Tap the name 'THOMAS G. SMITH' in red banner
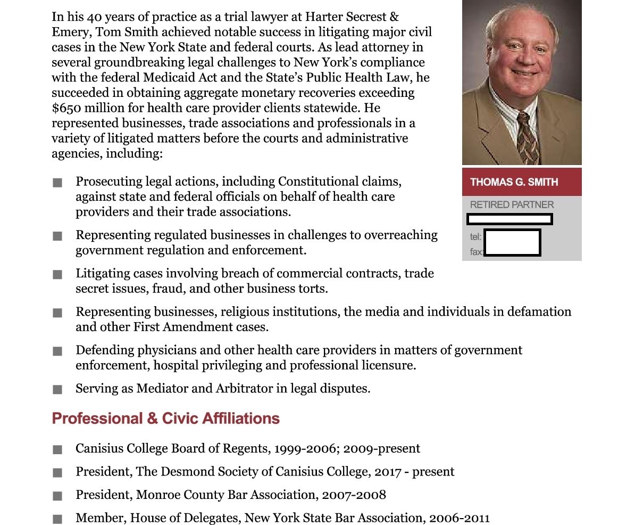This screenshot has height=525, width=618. point(514,182)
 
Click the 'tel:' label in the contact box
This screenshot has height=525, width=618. point(475,237)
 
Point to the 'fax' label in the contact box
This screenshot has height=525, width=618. point(476,252)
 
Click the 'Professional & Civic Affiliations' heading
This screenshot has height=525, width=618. point(165,419)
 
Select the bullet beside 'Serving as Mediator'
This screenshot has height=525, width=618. point(57,390)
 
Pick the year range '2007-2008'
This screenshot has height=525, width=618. point(354,495)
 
